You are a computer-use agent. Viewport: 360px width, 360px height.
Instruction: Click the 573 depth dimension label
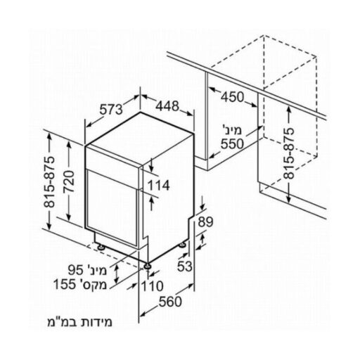click(111, 109)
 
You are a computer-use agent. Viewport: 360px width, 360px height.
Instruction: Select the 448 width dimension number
click(167, 106)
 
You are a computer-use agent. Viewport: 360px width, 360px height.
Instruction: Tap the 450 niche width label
click(233, 97)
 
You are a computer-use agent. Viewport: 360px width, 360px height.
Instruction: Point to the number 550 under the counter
click(232, 144)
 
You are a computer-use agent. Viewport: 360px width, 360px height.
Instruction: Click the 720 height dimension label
click(69, 181)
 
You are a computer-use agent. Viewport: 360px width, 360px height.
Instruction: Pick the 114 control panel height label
click(158, 186)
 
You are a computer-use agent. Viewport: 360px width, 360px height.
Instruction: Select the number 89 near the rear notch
click(205, 221)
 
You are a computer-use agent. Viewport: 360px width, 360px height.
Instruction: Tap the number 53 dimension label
click(185, 266)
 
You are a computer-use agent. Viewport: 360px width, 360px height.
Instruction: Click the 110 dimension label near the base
click(153, 286)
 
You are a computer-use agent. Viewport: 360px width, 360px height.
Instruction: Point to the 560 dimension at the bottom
click(170, 302)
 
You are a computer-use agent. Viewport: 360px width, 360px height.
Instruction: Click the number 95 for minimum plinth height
click(76, 271)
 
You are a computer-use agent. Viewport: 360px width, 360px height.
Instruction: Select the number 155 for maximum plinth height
click(65, 285)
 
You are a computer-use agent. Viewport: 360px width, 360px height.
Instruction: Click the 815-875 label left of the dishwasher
click(49, 182)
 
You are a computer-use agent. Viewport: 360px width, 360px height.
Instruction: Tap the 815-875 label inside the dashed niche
click(288, 153)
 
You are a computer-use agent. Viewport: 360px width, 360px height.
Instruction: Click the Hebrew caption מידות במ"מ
click(79, 322)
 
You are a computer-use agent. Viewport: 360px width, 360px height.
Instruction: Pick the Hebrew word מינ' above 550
click(232, 131)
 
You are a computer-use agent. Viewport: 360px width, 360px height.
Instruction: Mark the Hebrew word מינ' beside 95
click(96, 271)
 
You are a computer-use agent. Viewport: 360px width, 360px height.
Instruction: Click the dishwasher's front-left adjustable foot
click(148, 266)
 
